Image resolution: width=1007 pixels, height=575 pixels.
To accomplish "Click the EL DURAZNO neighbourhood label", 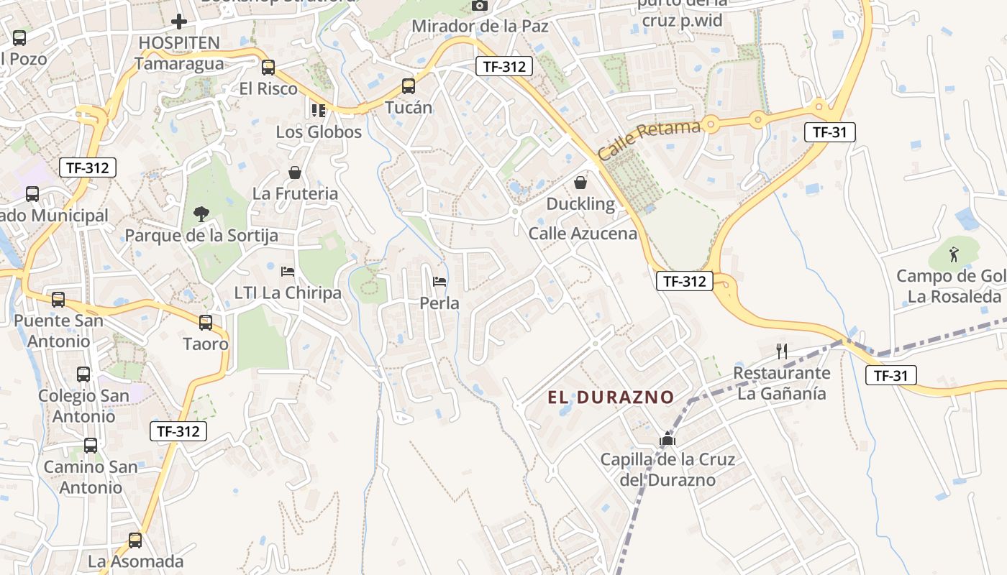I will (611, 397).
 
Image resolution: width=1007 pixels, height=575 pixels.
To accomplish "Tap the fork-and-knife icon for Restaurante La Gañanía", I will (782, 351).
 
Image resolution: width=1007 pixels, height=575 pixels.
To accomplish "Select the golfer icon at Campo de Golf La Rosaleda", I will (954, 254).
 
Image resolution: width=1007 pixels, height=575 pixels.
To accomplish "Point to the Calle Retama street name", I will (649, 140).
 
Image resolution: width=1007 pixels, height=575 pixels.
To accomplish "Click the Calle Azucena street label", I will (583, 233).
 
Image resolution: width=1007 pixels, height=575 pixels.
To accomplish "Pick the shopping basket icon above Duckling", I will (580, 183).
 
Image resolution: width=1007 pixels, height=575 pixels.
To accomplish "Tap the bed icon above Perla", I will (439, 281).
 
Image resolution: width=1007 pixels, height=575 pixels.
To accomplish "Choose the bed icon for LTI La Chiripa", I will (288, 271).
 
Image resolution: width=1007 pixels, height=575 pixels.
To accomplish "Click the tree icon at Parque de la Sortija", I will (201, 213).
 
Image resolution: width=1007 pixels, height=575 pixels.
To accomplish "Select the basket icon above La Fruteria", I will (295, 172).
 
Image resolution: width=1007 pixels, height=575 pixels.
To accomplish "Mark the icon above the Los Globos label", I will (318, 110).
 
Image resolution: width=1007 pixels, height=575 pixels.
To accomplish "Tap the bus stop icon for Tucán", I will (409, 86).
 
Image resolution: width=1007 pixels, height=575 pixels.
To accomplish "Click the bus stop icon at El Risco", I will (268, 68).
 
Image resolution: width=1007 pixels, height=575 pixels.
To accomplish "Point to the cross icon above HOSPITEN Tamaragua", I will (179, 22).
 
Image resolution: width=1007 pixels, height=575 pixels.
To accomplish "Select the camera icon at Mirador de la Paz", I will (480, 6).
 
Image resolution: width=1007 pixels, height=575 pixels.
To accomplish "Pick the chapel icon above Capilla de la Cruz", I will (667, 438).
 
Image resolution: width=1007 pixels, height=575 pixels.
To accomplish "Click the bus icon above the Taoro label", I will (206, 323).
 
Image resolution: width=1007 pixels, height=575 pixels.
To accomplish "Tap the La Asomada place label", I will (136, 561).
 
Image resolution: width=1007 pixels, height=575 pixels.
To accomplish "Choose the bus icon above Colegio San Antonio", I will (83, 374).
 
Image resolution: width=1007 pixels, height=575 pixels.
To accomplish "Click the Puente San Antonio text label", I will (58, 330).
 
